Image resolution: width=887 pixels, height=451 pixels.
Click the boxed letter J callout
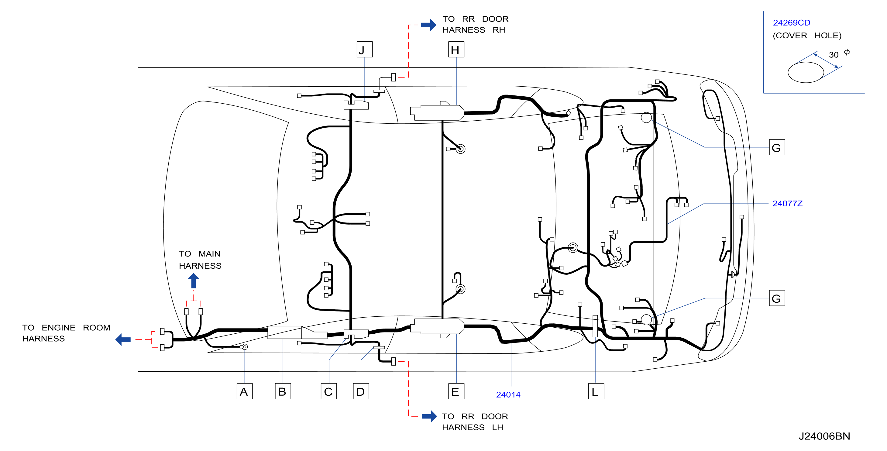click(x=364, y=49)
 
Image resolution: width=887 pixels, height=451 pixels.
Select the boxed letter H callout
click(x=456, y=49)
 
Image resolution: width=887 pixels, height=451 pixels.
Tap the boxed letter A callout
click(x=245, y=391)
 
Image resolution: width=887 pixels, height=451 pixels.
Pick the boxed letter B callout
click(x=283, y=391)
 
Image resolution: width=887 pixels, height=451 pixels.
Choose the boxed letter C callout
click(x=328, y=391)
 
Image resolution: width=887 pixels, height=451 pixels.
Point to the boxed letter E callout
click(x=456, y=391)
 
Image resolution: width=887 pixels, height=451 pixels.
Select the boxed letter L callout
click(x=596, y=391)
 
